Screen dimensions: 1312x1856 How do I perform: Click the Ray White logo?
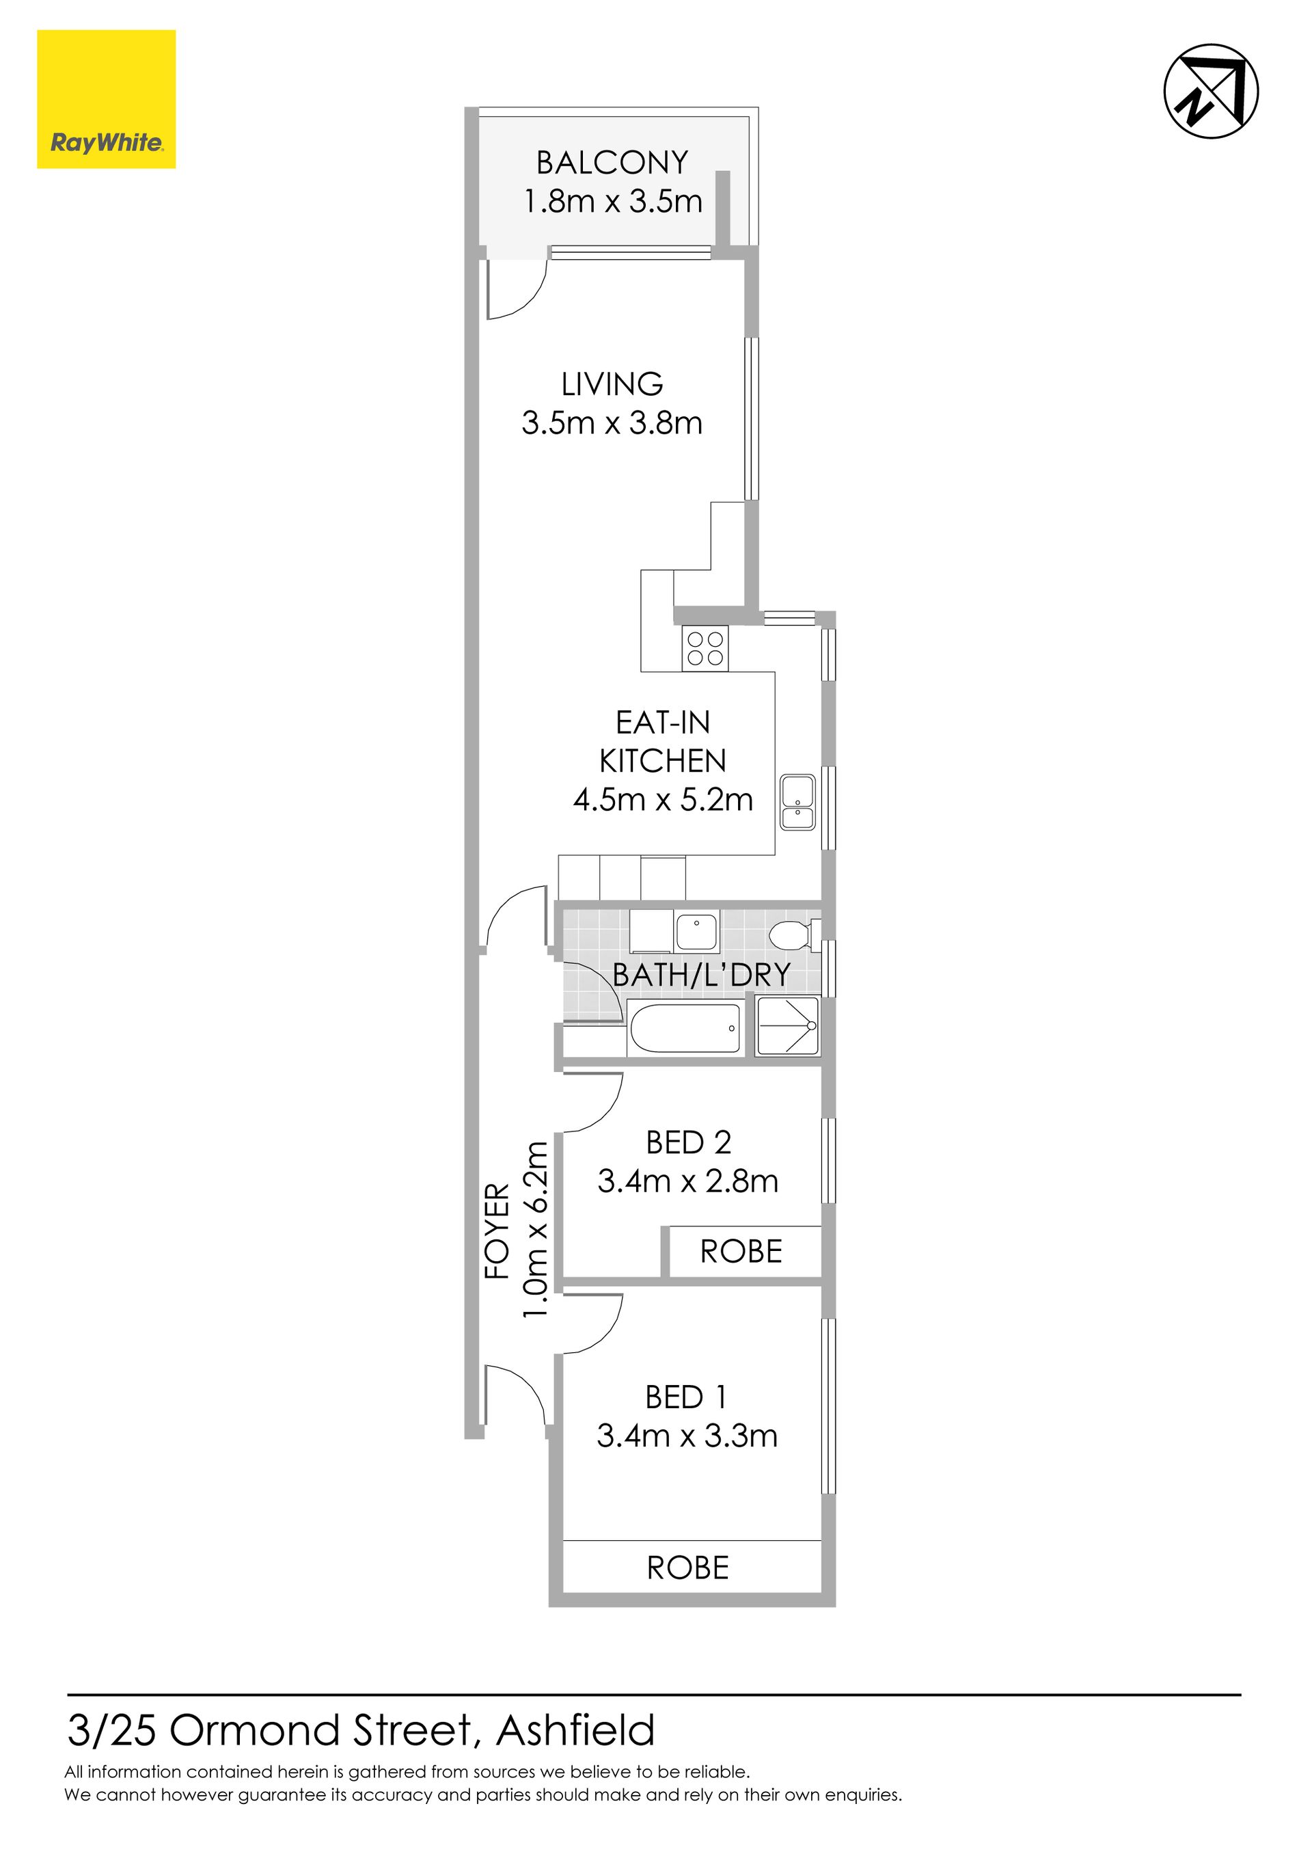click(106, 99)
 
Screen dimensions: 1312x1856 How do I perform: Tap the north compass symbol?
click(1211, 90)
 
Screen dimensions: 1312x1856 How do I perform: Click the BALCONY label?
click(612, 163)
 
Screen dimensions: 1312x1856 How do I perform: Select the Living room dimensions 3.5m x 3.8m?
click(612, 422)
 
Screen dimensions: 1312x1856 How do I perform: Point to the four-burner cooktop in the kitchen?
click(705, 648)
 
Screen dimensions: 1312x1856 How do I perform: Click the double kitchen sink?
click(798, 803)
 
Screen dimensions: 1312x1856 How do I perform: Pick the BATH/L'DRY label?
click(701, 975)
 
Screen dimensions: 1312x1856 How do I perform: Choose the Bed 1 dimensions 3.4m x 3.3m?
click(687, 1436)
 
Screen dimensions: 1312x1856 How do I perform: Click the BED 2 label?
click(688, 1142)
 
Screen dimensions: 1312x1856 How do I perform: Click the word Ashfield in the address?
click(575, 1731)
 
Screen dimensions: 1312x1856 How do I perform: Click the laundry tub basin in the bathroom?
click(696, 933)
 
